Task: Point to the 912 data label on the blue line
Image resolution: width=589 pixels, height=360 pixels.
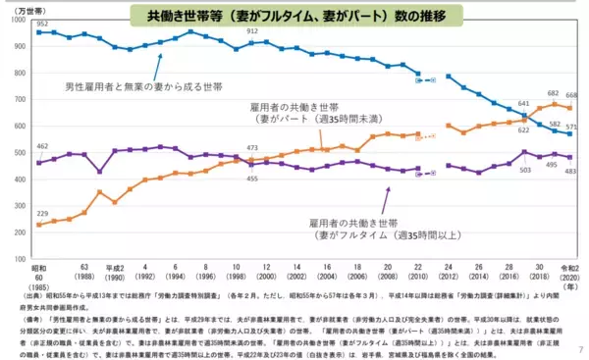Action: (252, 31)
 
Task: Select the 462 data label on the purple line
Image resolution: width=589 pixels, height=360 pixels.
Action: (42, 146)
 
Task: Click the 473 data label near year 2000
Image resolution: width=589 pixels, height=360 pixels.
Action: (252, 147)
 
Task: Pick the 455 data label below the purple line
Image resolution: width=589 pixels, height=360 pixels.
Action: (252, 178)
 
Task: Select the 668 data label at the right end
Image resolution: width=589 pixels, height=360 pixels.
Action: (571, 96)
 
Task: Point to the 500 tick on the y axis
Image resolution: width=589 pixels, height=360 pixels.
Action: (21, 153)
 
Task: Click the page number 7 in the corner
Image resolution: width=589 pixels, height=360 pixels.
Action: (580, 347)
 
